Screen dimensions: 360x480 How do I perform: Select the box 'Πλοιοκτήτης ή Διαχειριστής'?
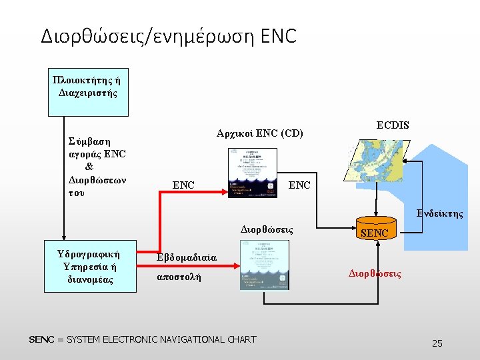pyautogui.click(x=87, y=87)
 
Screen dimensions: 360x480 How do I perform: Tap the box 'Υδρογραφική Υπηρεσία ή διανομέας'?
pyautogui.click(x=89, y=267)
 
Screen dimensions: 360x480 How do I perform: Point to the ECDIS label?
pyautogui.click(x=393, y=125)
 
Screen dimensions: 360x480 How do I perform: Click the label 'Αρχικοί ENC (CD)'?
pyautogui.click(x=260, y=133)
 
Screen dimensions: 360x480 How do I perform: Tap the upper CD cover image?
pyautogui.click(x=252, y=173)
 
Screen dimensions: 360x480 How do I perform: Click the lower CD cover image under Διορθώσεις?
pyautogui.click(x=265, y=265)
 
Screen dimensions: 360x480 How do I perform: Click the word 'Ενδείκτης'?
pyautogui.click(x=439, y=214)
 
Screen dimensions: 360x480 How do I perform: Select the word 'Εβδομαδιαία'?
pyautogui.click(x=187, y=257)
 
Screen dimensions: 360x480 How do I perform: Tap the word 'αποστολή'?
pyautogui.click(x=179, y=276)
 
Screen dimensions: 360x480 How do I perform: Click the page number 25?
pyautogui.click(x=437, y=343)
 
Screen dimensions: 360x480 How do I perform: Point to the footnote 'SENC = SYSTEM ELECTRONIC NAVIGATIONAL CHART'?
pyautogui.click(x=143, y=339)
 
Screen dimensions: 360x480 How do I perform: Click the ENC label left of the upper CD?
pyautogui.click(x=183, y=185)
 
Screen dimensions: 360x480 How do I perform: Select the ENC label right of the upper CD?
pyautogui.click(x=299, y=185)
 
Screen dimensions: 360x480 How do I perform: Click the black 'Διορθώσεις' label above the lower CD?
pyautogui.click(x=267, y=229)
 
